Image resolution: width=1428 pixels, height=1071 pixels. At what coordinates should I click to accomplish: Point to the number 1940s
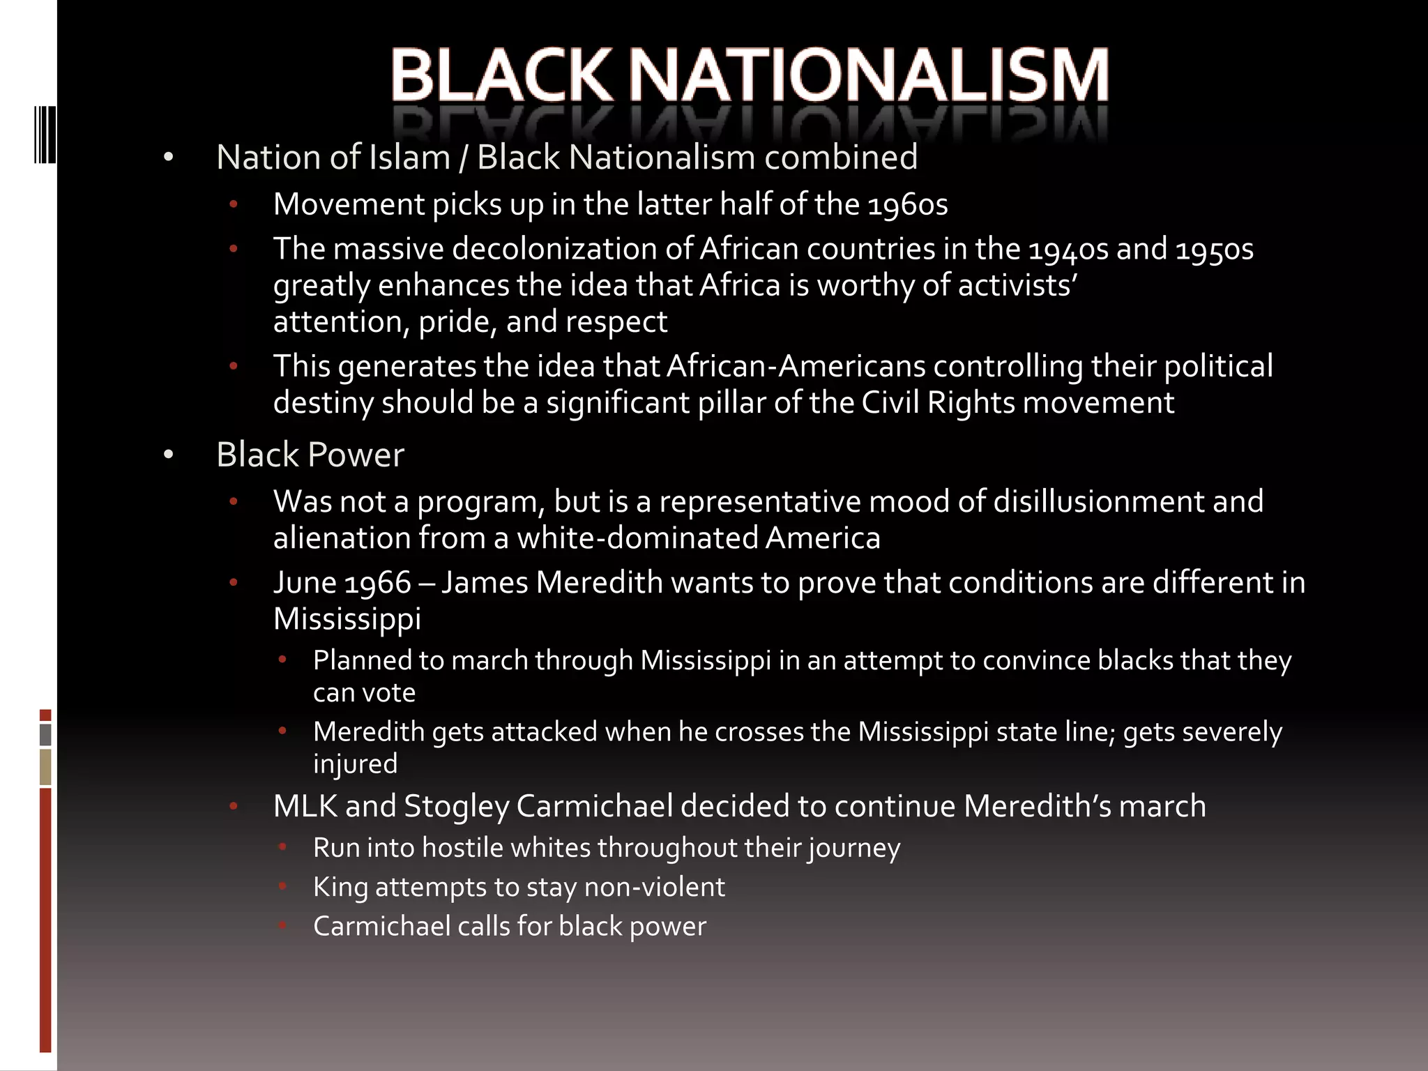[x=1068, y=250]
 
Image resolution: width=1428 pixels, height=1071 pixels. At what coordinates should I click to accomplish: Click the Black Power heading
[x=310, y=455]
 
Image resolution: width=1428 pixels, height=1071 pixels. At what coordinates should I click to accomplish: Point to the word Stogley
[x=456, y=807]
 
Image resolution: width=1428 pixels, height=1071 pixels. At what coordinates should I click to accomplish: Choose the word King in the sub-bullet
[x=340, y=888]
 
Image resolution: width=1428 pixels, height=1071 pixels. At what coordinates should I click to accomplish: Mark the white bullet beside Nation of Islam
[x=168, y=158]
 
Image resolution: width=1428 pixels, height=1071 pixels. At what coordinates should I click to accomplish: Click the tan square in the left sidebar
[x=45, y=767]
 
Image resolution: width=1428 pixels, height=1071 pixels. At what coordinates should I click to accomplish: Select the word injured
[x=355, y=764]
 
